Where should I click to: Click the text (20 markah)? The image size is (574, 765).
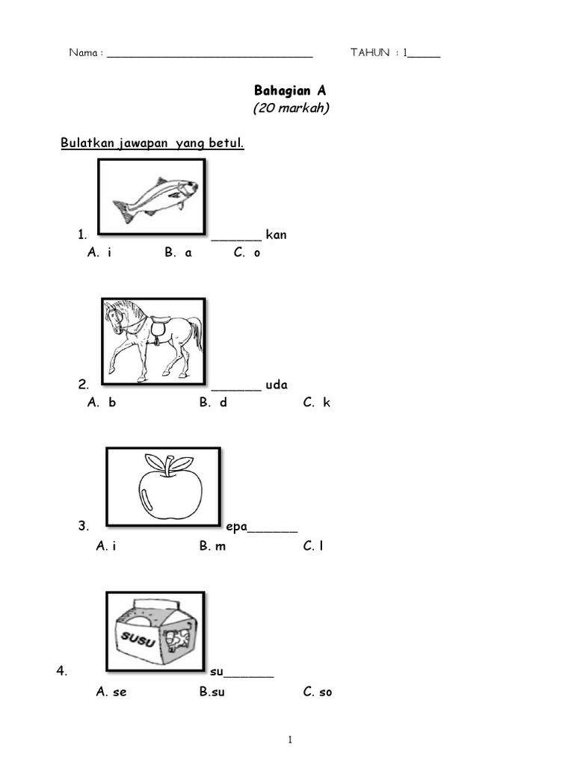[x=291, y=108]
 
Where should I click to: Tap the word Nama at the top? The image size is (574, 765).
[x=83, y=53]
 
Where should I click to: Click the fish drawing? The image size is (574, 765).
[x=154, y=198]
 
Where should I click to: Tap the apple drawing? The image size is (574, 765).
[x=170, y=486]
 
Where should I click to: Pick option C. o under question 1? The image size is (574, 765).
[x=247, y=253]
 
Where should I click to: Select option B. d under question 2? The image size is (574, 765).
[x=213, y=403]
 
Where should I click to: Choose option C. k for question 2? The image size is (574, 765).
[x=317, y=403]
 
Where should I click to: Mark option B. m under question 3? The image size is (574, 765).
[x=213, y=546]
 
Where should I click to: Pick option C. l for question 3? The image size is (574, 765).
[x=313, y=546]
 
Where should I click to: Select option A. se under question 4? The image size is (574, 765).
[x=111, y=692]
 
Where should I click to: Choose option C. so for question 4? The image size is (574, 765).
[x=318, y=692]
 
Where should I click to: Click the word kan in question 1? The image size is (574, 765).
[x=276, y=235]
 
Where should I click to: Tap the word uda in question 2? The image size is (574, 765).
[x=277, y=385]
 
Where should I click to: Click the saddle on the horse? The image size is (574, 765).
[x=159, y=327]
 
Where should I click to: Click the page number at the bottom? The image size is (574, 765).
[x=290, y=740]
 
